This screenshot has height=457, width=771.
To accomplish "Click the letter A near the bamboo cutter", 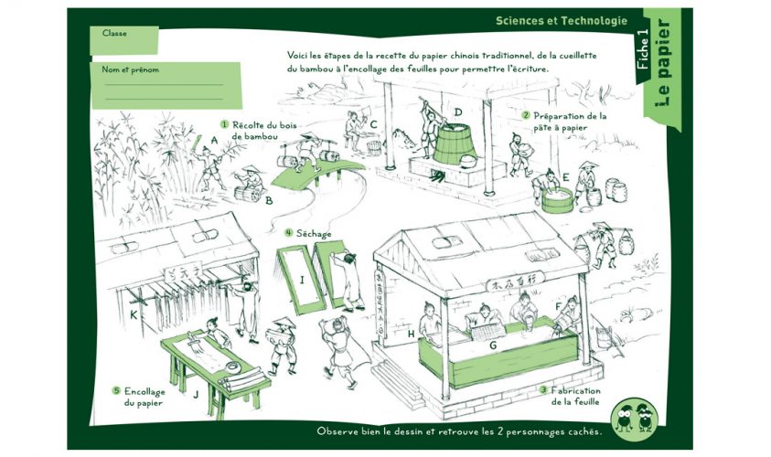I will click(213, 140).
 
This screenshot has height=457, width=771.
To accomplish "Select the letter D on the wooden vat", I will click(457, 113).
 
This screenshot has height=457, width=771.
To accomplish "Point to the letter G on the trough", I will click(493, 345).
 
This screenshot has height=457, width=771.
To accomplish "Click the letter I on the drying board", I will click(302, 278).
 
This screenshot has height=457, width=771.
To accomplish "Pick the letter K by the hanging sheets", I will click(134, 315).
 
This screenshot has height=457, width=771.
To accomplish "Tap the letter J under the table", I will click(196, 396).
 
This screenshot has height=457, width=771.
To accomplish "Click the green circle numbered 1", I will click(224, 123).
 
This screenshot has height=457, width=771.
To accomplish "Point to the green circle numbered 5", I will click(116, 390).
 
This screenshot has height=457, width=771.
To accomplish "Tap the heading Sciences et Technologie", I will click(561, 20).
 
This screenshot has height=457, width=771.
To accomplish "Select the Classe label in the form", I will click(114, 33).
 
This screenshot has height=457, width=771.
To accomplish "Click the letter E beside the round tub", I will click(566, 176).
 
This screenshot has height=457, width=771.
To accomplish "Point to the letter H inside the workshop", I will click(411, 334).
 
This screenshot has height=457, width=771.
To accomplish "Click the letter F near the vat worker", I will click(559, 305).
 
